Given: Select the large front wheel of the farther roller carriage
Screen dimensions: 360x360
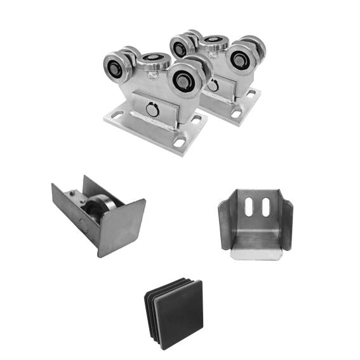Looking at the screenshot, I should click(243, 59).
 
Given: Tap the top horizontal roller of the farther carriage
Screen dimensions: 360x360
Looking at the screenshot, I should click(215, 43).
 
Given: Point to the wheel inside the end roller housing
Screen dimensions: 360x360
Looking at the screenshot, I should click(101, 209).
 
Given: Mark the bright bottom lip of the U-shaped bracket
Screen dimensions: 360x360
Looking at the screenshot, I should click(257, 254).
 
